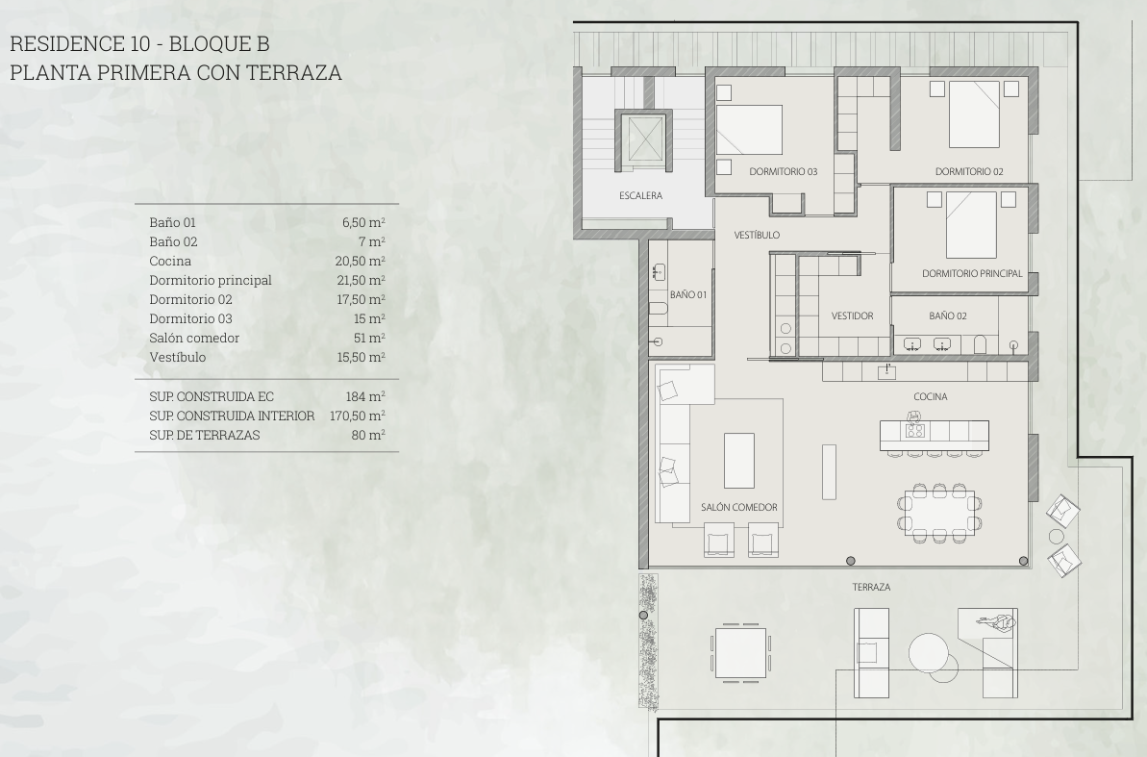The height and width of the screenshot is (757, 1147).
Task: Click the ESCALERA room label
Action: [x=640, y=195]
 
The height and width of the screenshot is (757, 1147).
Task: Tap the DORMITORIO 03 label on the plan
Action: [x=783, y=172]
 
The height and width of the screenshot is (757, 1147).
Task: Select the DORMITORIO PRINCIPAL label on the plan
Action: [x=972, y=274]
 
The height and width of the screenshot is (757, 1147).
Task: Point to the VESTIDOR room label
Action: [x=852, y=316]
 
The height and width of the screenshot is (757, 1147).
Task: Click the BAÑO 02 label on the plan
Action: [x=947, y=316]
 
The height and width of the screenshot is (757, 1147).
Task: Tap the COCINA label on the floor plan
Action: [x=930, y=397]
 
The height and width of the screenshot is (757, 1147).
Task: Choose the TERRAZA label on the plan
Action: [x=871, y=587]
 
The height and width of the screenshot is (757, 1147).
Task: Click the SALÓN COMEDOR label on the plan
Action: [x=738, y=507]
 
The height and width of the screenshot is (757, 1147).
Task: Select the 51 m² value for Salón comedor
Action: [x=369, y=338]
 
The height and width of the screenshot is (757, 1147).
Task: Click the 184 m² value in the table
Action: [x=365, y=396]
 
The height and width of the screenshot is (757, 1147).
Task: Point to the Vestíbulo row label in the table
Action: [x=177, y=357]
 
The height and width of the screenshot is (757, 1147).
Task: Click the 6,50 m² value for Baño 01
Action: [x=363, y=222]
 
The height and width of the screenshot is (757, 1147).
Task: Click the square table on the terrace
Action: [x=740, y=652]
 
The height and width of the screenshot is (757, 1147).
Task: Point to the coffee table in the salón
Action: [x=738, y=461]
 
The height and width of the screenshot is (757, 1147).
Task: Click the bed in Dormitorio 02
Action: [x=974, y=114]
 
